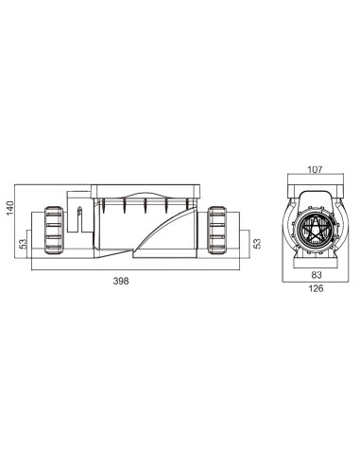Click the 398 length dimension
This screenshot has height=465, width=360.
[120, 281]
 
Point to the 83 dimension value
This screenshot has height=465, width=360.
[315, 274]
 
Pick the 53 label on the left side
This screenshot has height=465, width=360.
[22, 243]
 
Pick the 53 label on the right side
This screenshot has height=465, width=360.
[257, 243]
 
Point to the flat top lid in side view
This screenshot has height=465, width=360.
[144, 188]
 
